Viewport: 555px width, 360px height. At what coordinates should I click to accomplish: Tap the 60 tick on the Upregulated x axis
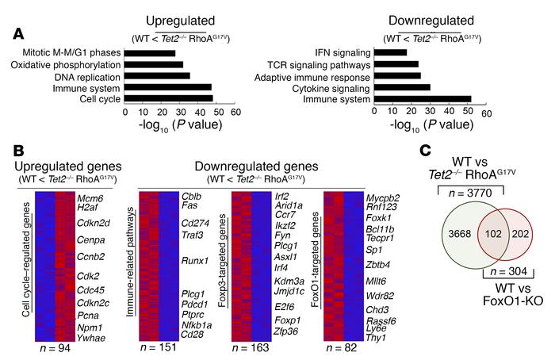click(x=236, y=113)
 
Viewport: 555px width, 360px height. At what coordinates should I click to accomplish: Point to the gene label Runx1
click(x=193, y=258)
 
